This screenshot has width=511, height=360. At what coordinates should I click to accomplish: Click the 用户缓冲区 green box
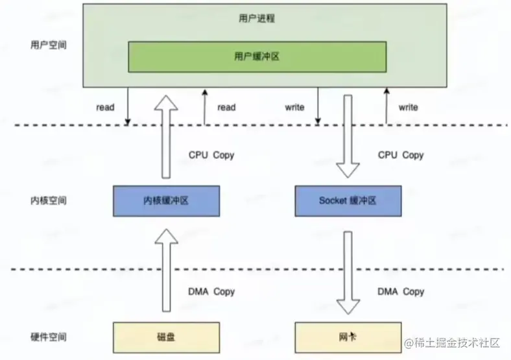[257, 57]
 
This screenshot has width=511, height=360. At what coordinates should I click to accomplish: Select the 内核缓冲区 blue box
[166, 200]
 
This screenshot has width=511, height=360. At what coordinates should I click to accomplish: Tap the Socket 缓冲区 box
[348, 200]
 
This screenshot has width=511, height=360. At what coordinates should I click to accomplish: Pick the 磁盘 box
[166, 337]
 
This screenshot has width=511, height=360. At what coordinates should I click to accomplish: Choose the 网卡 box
[348, 337]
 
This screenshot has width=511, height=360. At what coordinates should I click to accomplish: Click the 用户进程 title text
[257, 18]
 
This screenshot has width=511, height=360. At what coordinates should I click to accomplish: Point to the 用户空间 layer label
[48, 45]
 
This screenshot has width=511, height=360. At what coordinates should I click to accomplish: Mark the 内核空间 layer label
[48, 200]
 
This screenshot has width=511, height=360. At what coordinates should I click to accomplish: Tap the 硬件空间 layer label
[48, 337]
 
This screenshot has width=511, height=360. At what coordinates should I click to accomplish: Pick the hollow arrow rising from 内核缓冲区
[166, 136]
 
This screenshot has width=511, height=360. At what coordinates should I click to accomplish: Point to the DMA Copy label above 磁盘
[211, 291]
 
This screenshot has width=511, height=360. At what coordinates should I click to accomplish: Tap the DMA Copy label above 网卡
[401, 291]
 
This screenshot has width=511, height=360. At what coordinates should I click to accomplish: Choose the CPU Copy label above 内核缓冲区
[211, 155]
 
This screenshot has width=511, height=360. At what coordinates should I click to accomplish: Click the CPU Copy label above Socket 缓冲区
[401, 155]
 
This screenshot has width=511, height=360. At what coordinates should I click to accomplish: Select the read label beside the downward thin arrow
[105, 107]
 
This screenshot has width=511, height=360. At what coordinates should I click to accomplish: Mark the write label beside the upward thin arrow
[409, 107]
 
